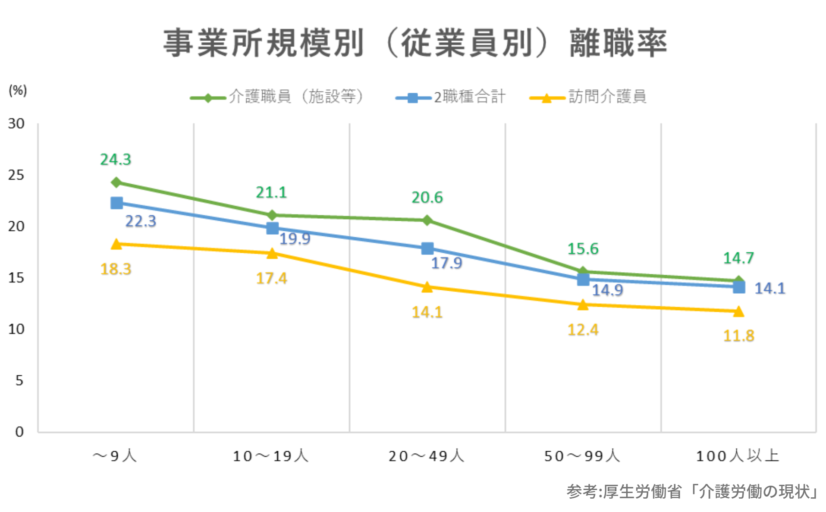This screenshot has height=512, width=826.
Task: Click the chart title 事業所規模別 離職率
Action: point(415,43)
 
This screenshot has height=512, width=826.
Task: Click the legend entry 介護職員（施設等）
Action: point(296,96)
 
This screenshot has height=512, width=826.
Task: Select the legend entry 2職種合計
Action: point(469,97)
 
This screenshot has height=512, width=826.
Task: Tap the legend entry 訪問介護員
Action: point(607,96)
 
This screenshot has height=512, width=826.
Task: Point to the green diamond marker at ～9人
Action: point(116,182)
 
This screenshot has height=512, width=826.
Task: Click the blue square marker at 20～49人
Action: point(427,248)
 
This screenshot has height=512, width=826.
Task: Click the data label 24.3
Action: point(116,160)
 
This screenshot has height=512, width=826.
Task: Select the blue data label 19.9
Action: point(295,239)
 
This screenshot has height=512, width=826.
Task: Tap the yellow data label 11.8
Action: point(738,336)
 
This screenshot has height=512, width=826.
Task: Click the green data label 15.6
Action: point(583,249)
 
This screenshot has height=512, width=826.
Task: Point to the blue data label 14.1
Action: point(770,288)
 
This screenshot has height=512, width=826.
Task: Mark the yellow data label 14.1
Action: point(427,312)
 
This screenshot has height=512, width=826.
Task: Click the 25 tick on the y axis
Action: point(16,175)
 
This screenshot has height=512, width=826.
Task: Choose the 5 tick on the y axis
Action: point(19,380)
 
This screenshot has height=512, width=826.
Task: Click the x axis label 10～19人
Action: point(271,456)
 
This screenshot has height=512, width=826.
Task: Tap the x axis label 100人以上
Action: point(738,456)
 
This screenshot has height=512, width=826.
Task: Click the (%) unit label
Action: point(18,90)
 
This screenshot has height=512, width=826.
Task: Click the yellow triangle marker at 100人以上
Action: point(738,311)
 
